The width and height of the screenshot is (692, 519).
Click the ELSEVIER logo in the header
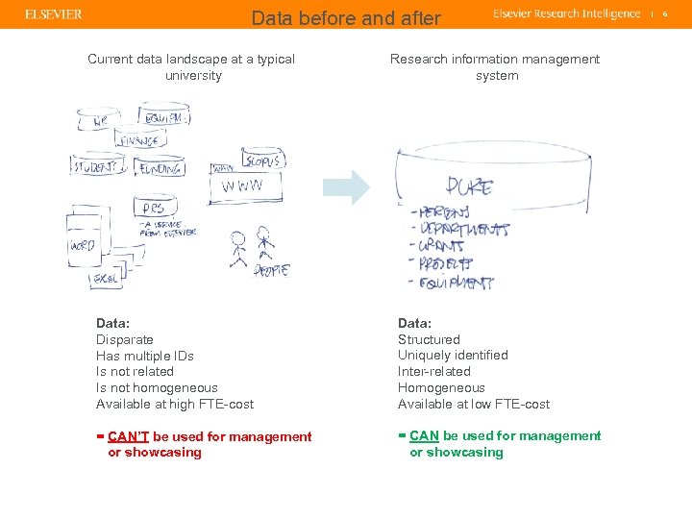pyautogui.click(x=54, y=14)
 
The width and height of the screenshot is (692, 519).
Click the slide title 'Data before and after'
pyautogui.click(x=346, y=17)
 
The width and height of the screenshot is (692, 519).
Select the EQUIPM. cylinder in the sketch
pyautogui.click(x=163, y=116)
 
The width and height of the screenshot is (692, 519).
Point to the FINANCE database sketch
pyautogui.click(x=137, y=141)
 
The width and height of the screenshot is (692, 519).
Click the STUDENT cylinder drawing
pyautogui.click(x=99, y=166)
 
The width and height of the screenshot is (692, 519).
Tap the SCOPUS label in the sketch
pyautogui.click(x=261, y=161)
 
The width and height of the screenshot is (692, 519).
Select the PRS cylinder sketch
pyautogui.click(x=152, y=209)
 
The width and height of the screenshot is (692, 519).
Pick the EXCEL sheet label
pyautogui.click(x=106, y=278)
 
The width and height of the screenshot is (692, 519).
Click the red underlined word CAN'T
pyautogui.click(x=129, y=436)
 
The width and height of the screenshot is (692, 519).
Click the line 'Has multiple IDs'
pyautogui.click(x=145, y=356)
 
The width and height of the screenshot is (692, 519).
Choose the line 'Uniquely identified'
pyautogui.click(x=453, y=356)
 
